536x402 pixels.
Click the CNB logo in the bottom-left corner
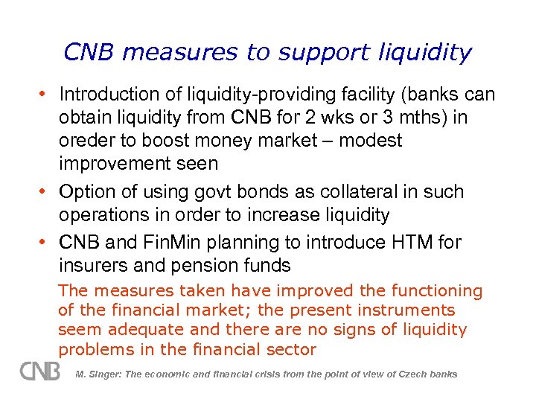[x=40, y=371]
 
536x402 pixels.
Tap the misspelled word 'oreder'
[x=83, y=140]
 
